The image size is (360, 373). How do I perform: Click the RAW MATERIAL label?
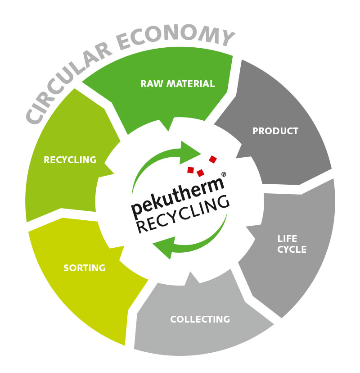(177, 84)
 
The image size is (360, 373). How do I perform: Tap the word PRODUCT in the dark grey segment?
(275, 131)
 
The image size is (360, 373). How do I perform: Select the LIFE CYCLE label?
(291, 244)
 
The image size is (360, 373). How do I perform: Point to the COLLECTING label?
(200, 319)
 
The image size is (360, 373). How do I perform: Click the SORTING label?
(85, 268)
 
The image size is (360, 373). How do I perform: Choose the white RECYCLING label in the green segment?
(70, 159)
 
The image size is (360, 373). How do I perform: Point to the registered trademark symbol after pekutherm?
(224, 174)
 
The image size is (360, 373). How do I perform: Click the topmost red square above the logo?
(213, 159)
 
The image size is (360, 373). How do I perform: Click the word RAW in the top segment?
(151, 84)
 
